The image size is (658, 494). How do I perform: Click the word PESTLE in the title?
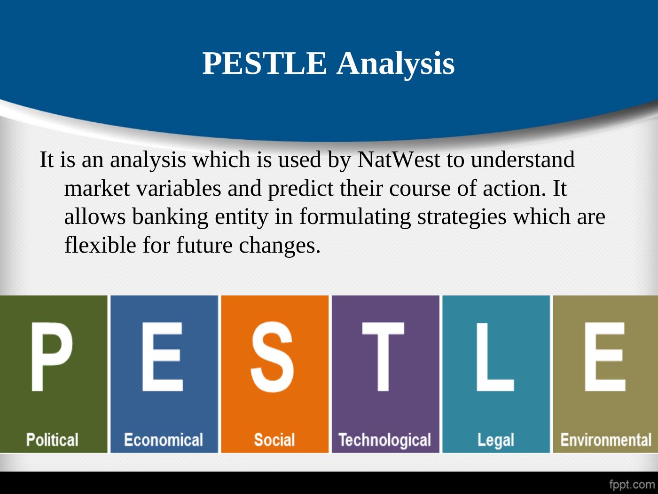coord(265,63)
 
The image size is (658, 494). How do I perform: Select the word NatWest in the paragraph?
coord(399,159)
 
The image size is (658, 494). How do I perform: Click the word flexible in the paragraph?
coord(101,245)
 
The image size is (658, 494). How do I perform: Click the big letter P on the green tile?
coord(52,357)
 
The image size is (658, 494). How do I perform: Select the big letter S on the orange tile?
coord(272,357)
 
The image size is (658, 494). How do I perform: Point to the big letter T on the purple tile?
coord(383,357)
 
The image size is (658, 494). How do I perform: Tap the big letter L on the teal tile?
coord(495,357)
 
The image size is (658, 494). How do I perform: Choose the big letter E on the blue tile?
coord(163,357)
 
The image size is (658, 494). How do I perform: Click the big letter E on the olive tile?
coord(605,357)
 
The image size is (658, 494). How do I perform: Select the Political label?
coord(52,440)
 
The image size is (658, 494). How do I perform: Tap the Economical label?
coord(164,440)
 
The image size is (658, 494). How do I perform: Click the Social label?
coord(274,440)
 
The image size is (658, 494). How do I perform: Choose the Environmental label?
coord(606,440)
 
